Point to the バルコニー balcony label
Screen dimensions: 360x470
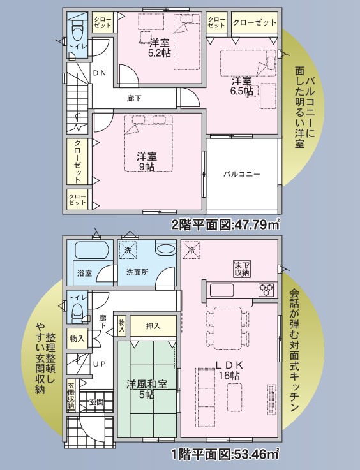pos(242,174)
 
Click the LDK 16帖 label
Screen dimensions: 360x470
pos(229,370)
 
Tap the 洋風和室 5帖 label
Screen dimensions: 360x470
pos(147,389)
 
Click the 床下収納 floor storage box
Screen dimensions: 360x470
pos(242,269)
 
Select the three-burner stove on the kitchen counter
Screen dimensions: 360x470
pos(266,290)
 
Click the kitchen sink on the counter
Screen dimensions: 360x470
pos(221,290)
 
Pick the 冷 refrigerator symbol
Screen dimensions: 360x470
pos(191,249)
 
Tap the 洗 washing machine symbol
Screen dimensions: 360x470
pos(128,250)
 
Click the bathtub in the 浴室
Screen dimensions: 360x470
pos(91,250)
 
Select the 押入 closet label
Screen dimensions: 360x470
pos(153,326)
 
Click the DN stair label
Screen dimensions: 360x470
pos(100,73)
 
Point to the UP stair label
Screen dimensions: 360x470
pos(100,364)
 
